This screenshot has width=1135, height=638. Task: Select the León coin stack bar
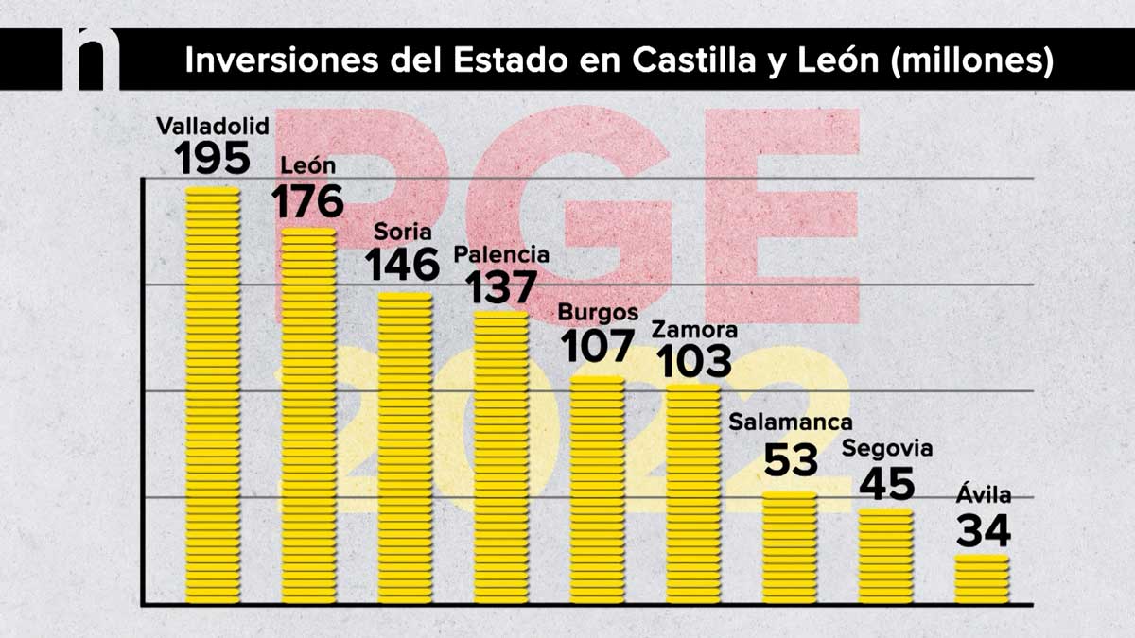(309, 416)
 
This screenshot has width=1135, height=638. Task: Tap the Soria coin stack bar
(405, 448)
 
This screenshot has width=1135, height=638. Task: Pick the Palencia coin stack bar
(501, 457)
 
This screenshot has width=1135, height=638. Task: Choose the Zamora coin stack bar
(693, 493)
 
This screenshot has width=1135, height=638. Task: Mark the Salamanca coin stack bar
(790, 547)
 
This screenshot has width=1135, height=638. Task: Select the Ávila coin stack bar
(982, 578)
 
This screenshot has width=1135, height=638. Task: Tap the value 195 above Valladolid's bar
(213, 158)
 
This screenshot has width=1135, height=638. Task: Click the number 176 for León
(308, 200)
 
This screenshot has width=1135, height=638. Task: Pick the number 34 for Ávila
(984, 530)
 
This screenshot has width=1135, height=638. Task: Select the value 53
(791, 460)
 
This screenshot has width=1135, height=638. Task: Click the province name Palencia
(501, 255)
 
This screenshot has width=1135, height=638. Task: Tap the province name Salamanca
(791, 422)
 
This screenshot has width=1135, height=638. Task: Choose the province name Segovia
(887, 447)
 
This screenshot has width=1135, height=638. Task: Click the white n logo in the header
(91, 59)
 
